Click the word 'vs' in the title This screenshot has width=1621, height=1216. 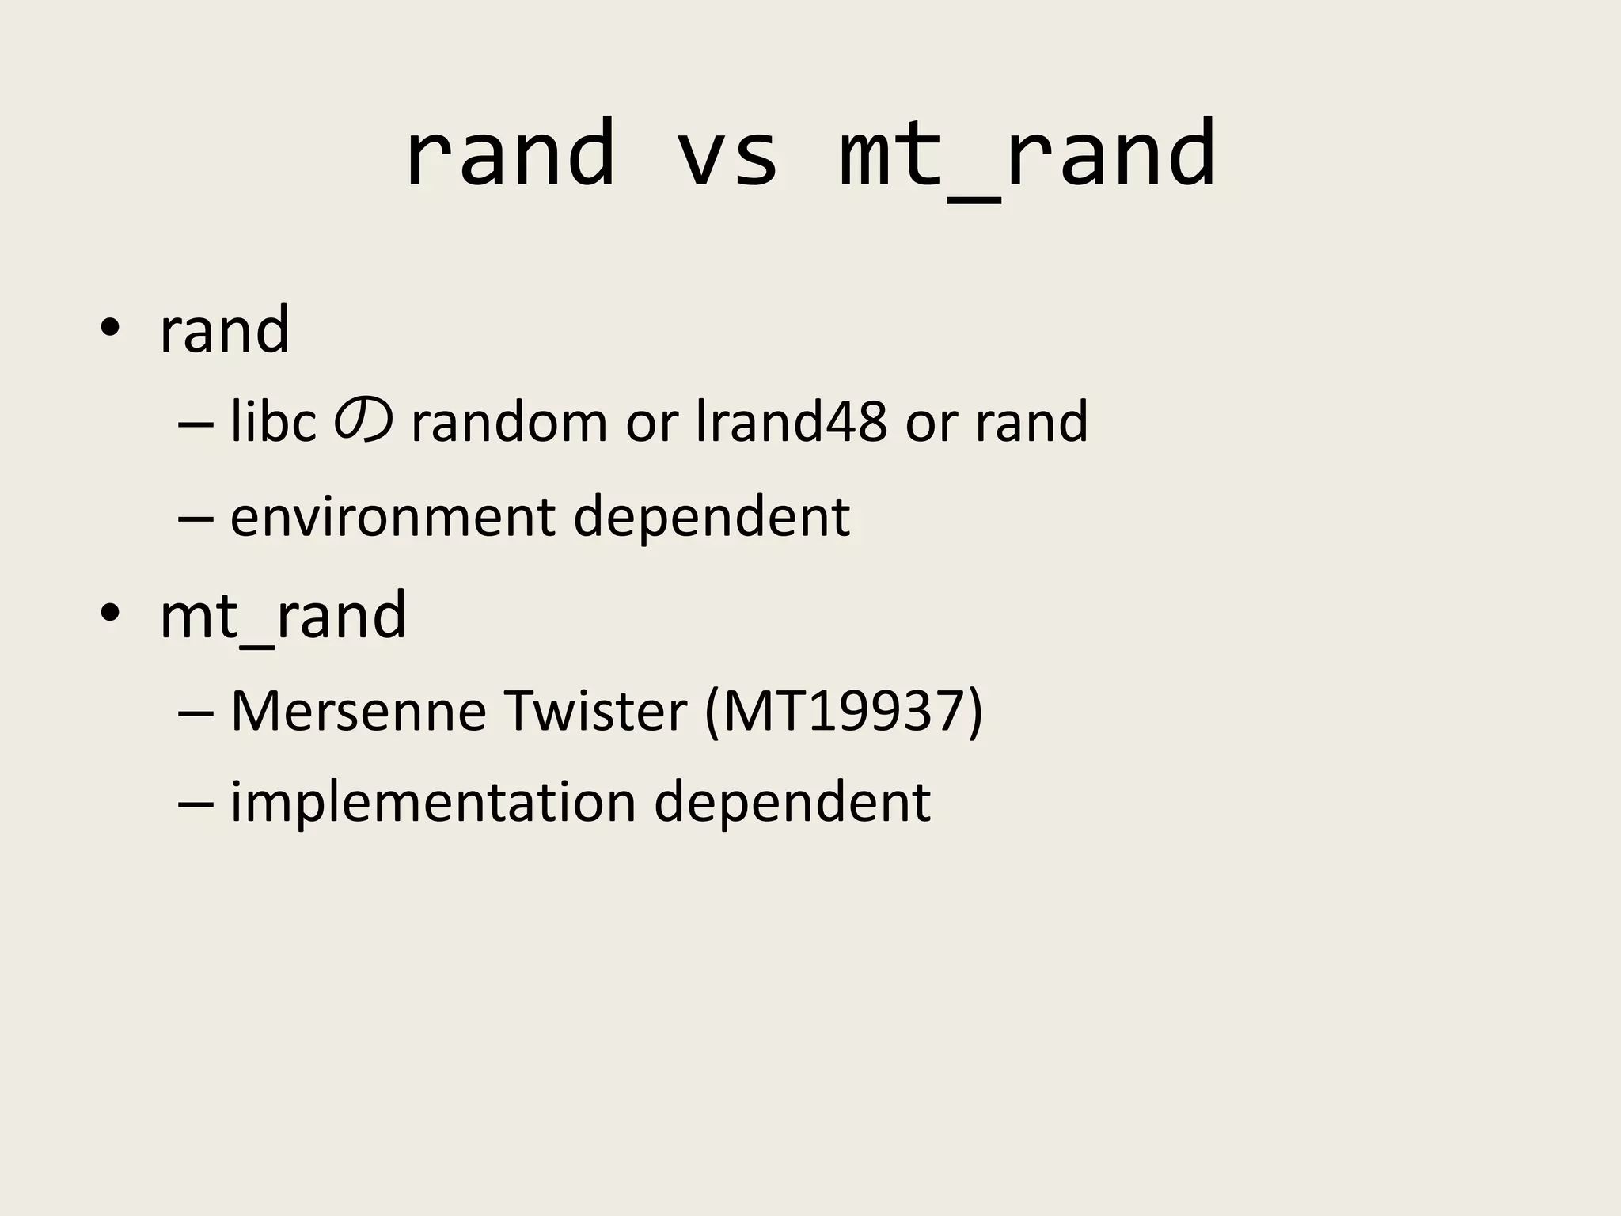pyautogui.click(x=727, y=155)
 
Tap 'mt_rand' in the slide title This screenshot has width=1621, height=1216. pyautogui.click(x=1027, y=155)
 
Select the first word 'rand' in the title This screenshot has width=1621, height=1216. pyautogui.click(x=509, y=155)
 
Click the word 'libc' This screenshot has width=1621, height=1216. pyautogui.click(x=273, y=422)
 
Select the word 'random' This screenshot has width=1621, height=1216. pyautogui.click(x=509, y=422)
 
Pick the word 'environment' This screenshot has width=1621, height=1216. pyautogui.click(x=393, y=518)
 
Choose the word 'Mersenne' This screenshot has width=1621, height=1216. pyautogui.click(x=358, y=711)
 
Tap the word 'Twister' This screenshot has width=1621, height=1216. pyautogui.click(x=594, y=711)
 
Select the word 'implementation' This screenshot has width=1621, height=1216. pyautogui.click(x=433, y=803)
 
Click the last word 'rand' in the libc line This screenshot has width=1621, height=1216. pyautogui.click(x=1031, y=422)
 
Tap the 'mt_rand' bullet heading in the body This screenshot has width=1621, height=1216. pyautogui.click(x=283, y=616)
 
